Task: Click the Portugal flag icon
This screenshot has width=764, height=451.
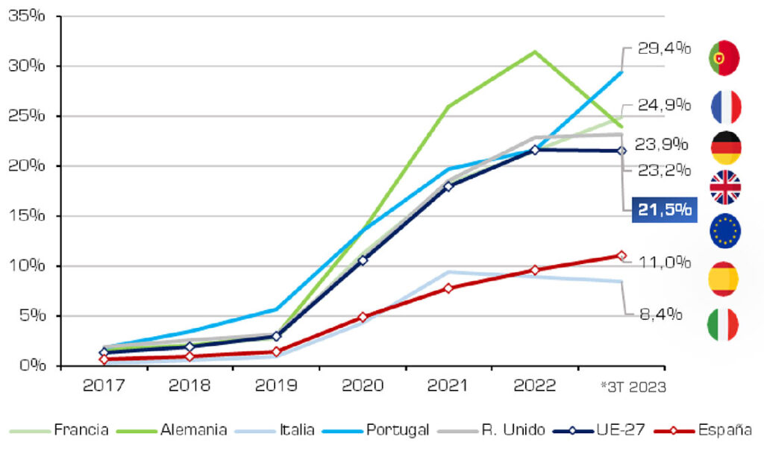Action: pos(724,58)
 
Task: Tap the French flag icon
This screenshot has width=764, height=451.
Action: pos(724,107)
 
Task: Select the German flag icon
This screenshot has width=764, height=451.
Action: pos(724,148)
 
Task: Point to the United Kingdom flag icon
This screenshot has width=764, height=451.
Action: pos(724,187)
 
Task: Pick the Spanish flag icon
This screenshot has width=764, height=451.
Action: pos(724,278)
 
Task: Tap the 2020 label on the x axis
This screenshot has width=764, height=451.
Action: pos(363,385)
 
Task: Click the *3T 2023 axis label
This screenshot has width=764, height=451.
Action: pos(633,386)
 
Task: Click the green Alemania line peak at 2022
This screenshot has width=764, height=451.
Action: pos(534,51)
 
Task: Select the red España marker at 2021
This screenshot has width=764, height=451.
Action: pos(448,288)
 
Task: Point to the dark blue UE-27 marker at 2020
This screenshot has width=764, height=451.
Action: pos(363,260)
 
